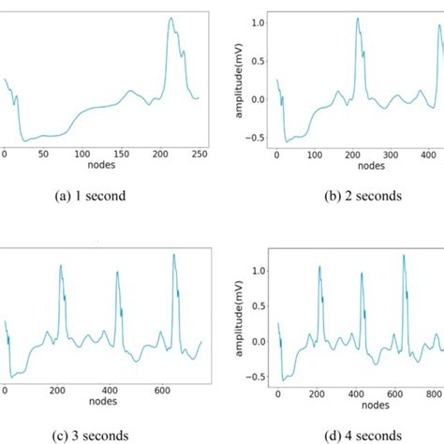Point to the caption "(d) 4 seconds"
coord(360,435)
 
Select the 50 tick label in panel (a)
coord(43,155)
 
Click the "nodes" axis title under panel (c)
coord(103,403)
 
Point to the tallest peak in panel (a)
coord(170,18)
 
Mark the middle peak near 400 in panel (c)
coord(117,273)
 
